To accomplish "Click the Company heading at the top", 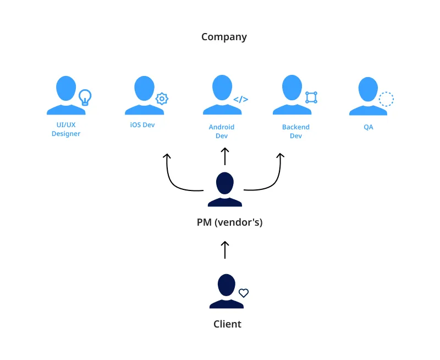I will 224,37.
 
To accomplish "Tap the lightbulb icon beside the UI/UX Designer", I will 85,97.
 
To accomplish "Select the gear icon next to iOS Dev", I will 162,99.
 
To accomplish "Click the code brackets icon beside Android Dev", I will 240,100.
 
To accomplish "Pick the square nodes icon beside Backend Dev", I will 311,97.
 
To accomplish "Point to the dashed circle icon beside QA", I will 386,99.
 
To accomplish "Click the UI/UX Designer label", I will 66,130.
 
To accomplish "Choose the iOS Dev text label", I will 142,125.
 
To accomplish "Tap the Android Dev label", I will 221,131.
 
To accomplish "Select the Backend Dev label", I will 296,131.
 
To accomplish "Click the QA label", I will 369,127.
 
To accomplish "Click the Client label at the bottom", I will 227,324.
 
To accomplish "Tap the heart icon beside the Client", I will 244,293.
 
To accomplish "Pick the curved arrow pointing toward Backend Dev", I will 272,182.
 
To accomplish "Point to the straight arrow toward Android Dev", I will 224,157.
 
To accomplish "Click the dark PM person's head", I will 224,182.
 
